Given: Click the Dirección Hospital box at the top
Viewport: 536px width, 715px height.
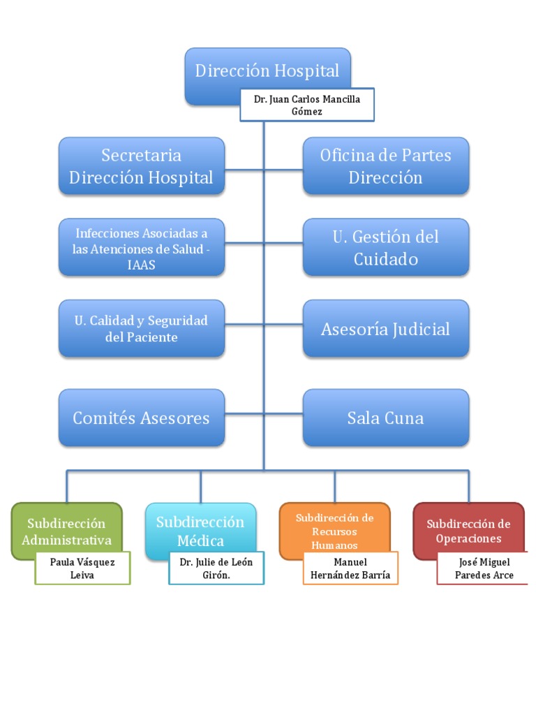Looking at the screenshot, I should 267,70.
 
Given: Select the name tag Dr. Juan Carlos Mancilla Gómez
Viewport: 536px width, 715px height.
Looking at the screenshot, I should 307,105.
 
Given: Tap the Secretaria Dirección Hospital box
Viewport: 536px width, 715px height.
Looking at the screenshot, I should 142,165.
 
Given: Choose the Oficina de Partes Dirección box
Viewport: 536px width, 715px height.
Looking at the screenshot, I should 386,165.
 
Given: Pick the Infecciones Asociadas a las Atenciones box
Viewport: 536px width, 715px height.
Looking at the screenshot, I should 142,247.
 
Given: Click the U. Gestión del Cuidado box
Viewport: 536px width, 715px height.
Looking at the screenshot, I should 386,247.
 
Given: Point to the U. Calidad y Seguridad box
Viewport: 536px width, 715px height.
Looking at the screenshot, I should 142,329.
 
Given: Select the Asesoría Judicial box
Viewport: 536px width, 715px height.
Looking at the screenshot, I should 386,329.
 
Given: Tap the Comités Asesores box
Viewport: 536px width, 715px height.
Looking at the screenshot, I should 142,418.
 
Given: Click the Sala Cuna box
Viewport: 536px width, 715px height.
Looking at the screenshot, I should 386,418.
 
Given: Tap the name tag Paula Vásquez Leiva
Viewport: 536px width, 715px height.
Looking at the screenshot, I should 82,568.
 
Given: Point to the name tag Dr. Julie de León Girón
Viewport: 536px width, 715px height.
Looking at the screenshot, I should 216,568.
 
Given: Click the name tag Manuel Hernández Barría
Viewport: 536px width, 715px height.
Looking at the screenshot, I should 351,568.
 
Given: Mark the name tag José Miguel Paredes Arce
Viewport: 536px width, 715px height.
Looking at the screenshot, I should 484,568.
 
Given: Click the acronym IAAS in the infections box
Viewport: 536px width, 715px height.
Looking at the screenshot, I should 142,265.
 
